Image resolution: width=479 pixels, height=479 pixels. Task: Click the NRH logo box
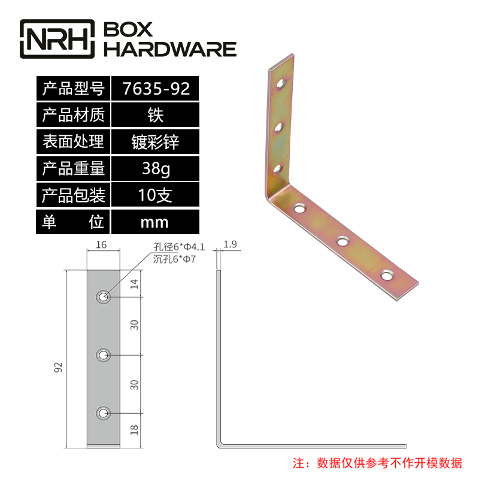coord(57,39)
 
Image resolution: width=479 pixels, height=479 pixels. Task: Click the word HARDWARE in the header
coord(171,49)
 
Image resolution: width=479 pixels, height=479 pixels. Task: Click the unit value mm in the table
coord(154,223)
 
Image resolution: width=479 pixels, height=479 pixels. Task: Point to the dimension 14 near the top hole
coord(135,284)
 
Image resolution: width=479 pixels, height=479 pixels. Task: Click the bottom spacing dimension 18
coord(135,429)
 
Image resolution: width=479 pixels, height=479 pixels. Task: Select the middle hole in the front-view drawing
coord(104,356)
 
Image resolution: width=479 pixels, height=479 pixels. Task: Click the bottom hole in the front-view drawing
coord(104,413)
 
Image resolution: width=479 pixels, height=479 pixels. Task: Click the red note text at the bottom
coord(377,463)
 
